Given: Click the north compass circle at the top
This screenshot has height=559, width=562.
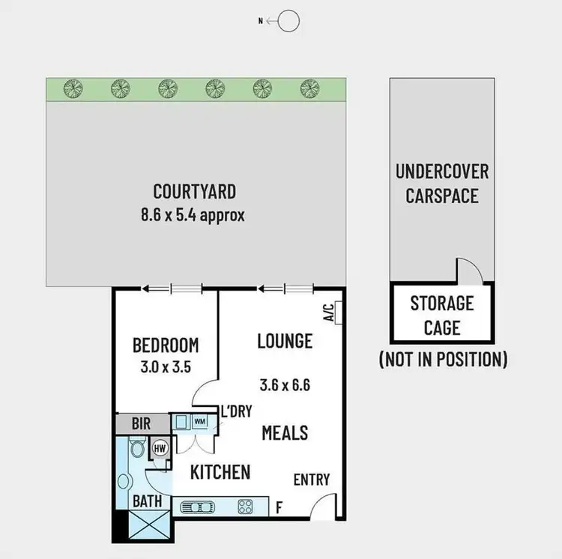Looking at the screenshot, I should tap(289, 22).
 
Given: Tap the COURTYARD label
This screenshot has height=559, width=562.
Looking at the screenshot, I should tap(194, 191).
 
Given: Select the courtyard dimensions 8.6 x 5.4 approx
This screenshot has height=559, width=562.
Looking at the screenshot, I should tap(194, 214).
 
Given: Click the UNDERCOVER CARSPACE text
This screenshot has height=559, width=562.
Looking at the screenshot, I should tap(441, 184).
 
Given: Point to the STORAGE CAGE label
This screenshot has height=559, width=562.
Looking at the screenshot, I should tap(441, 315).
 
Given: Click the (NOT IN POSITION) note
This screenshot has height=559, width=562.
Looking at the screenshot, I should tap(443, 359).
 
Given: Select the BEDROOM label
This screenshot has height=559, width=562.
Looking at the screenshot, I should tap(166, 345).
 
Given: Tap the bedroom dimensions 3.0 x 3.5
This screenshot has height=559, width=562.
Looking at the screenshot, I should tap(166, 369).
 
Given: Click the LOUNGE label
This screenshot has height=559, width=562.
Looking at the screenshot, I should tap(284, 341).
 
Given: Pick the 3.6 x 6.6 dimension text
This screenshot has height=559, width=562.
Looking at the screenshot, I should tap(284, 386).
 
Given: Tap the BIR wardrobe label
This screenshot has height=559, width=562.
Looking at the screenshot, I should tap(141, 423).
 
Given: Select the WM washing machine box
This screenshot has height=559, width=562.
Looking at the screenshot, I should tap(199, 422).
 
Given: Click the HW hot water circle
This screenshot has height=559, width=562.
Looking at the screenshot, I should tap(160, 448).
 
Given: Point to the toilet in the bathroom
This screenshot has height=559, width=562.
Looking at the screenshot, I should tap(136, 449).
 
